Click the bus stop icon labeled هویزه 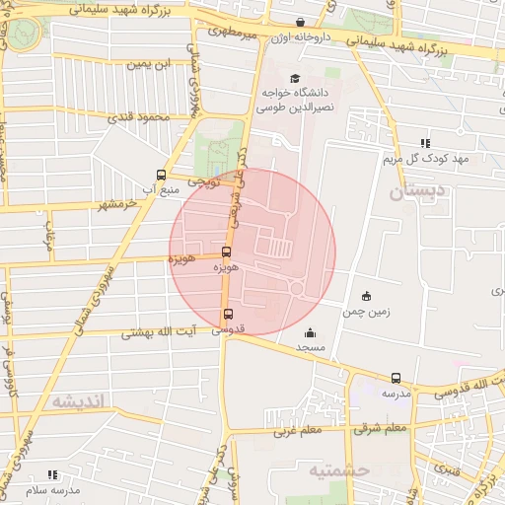click(x=227, y=252)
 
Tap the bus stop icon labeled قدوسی click(x=229, y=314)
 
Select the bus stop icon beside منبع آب click(x=163, y=175)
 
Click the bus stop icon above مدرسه click(x=397, y=378)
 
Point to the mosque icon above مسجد click(x=311, y=332)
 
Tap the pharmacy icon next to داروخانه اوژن click(x=300, y=22)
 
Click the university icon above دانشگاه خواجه click(x=293, y=78)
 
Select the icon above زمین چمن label click(x=367, y=296)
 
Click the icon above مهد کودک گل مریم click(x=425, y=143)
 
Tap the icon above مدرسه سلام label click(x=52, y=474)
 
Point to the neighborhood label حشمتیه click(x=338, y=470)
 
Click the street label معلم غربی click(x=297, y=430)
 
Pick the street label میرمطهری click(x=233, y=34)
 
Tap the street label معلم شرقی click(x=385, y=428)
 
